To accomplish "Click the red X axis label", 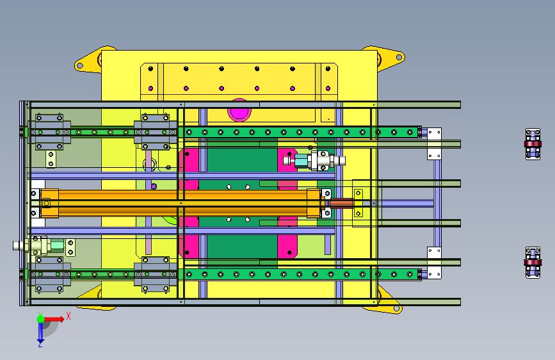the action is click(68, 316).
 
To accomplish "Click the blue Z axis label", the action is click(40, 344).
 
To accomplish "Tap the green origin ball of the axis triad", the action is click(41, 319).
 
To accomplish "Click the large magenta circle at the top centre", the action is click(239, 111).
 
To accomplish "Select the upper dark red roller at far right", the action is click(533, 144).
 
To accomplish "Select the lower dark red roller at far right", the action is click(533, 263).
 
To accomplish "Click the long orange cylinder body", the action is click(182, 204).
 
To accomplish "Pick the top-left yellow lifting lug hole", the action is click(80, 65).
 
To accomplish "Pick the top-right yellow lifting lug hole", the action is click(399, 57).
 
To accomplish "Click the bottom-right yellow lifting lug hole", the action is click(397, 309).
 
